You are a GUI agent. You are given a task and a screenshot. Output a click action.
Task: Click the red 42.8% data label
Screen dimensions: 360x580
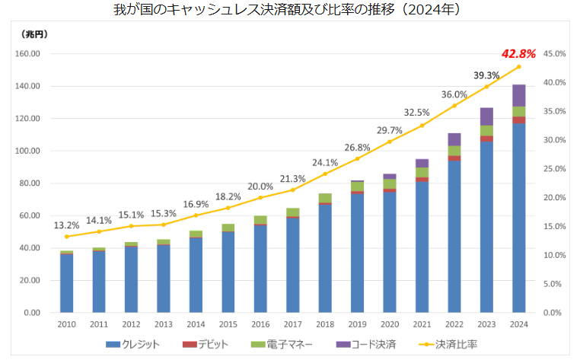(x=519, y=54)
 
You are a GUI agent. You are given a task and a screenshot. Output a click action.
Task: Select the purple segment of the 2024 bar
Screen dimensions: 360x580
(x=519, y=95)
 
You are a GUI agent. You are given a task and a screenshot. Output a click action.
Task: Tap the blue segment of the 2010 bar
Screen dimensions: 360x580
(x=67, y=283)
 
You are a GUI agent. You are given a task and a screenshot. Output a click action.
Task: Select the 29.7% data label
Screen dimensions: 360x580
(x=389, y=131)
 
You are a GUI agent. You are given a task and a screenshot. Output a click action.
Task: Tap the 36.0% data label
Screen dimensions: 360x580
(x=454, y=94)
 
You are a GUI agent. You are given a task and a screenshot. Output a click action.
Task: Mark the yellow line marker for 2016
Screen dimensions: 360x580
(x=260, y=198)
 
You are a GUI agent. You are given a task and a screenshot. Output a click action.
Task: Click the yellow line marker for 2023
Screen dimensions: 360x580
(x=486, y=87)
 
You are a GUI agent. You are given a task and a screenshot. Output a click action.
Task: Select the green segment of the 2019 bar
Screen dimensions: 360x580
(x=357, y=186)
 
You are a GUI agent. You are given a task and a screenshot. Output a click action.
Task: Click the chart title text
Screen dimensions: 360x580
(x=290, y=11)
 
